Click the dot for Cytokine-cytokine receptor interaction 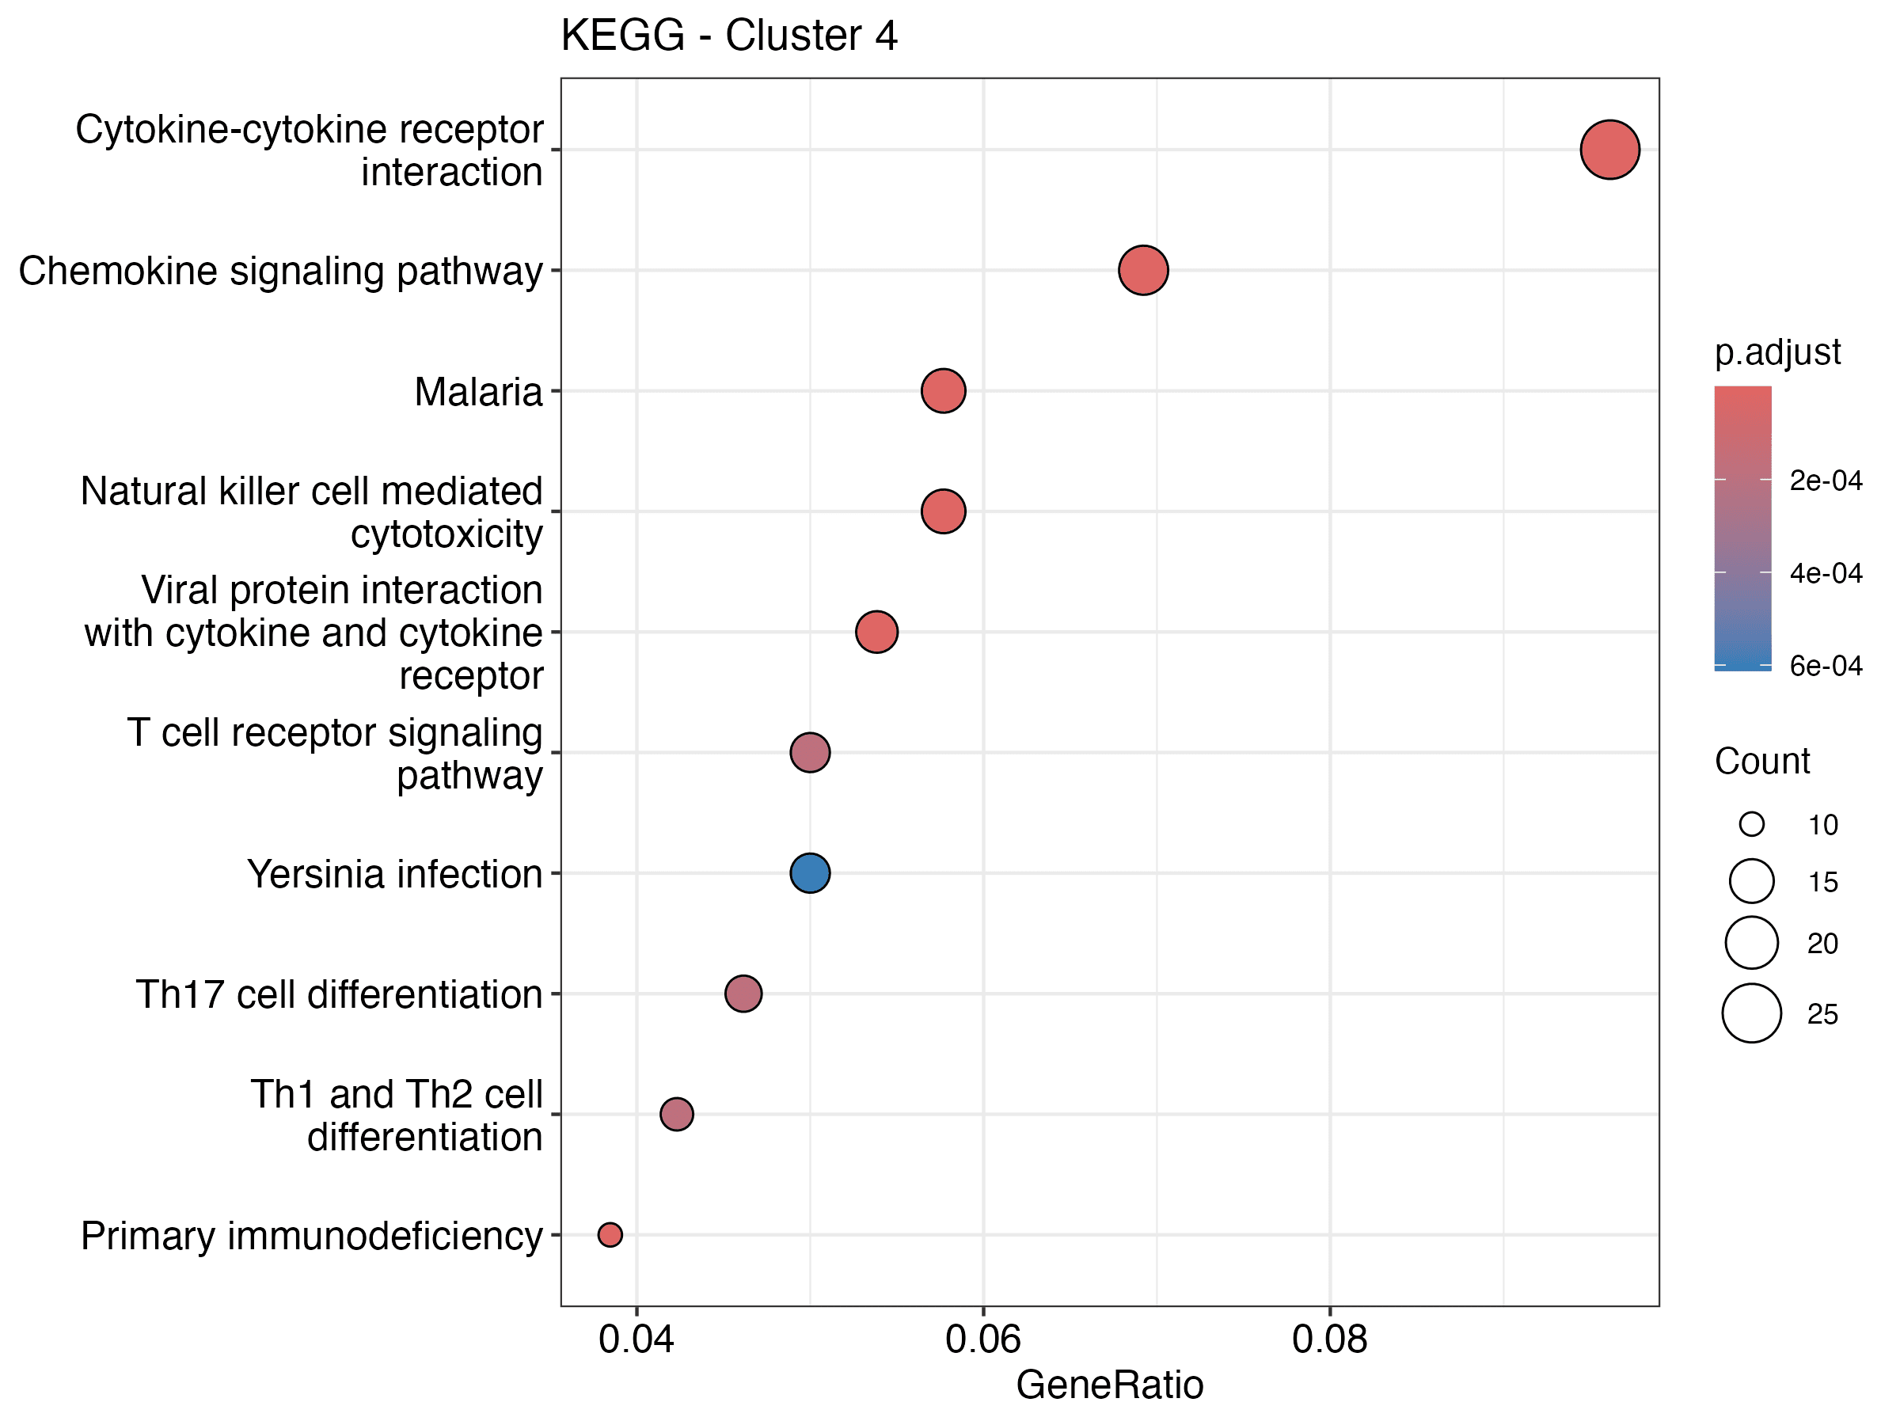coord(1609,150)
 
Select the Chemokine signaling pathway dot coord(1142,270)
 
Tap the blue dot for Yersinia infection coord(809,872)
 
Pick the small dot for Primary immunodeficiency coord(610,1234)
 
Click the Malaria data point coord(942,391)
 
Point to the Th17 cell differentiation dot coord(743,994)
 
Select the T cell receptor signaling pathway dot coord(809,752)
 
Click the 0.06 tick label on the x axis coord(982,1339)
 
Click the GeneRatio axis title coord(1109,1385)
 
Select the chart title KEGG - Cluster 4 coord(728,36)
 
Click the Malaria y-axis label coord(477,392)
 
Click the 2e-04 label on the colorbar coord(1826,481)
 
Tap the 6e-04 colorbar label coord(1826,666)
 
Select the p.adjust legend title coord(1777,352)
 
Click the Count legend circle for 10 coord(1751,825)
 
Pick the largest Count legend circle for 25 coord(1751,1013)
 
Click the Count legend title coord(1761,761)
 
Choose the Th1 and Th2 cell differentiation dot coord(676,1114)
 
